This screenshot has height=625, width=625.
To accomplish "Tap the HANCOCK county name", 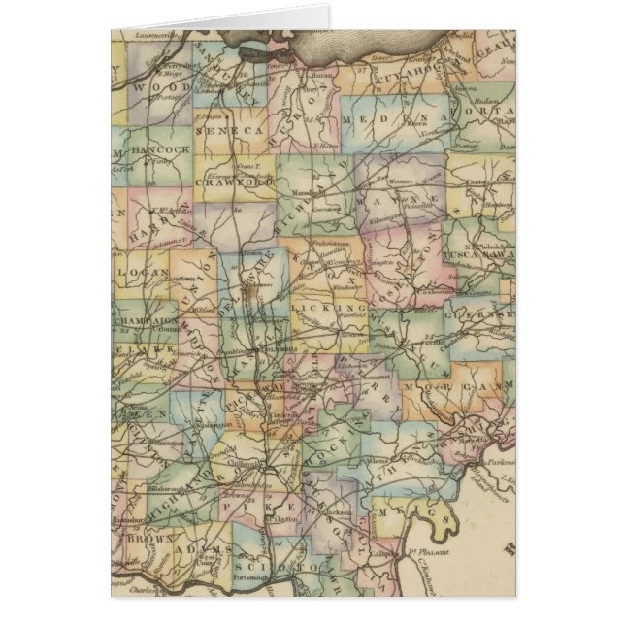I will click(159, 149).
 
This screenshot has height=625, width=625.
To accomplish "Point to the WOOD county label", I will click(157, 87).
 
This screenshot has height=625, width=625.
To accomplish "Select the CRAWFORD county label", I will click(224, 181).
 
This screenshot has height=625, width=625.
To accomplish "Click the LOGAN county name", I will click(146, 276).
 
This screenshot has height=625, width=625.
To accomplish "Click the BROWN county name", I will click(151, 537).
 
